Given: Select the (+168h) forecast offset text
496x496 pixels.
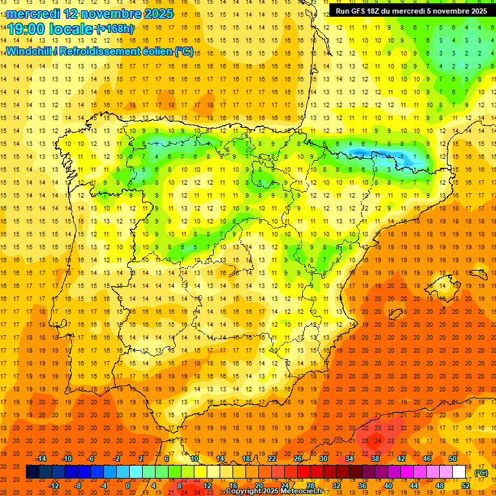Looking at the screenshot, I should (x=116, y=29).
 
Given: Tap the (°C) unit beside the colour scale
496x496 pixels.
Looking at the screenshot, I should (x=481, y=473).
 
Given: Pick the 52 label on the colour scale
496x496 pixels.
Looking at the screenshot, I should (x=466, y=486).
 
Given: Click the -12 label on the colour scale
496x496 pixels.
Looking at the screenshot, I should (x=54, y=486).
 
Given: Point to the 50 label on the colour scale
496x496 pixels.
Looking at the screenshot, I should (x=453, y=459).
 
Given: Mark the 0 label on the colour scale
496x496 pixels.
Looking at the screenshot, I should (x=128, y=486).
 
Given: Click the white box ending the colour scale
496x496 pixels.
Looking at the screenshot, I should (x=459, y=472).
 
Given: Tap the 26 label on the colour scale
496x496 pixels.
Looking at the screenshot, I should (x=297, y=459).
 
